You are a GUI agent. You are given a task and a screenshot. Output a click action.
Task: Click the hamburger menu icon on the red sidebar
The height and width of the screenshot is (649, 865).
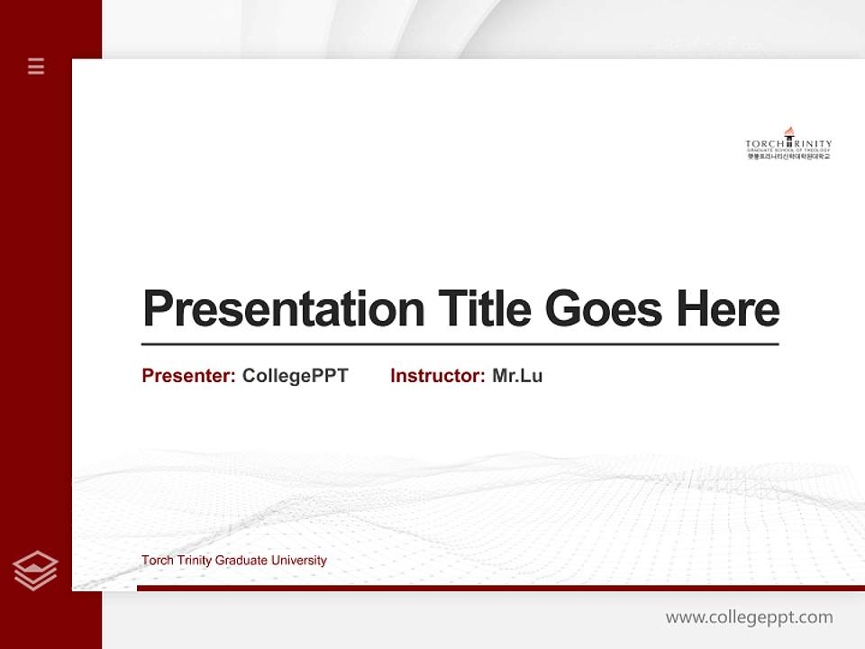click(x=36, y=66)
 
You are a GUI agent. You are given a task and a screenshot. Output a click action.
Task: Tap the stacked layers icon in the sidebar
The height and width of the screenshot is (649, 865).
click(x=35, y=571)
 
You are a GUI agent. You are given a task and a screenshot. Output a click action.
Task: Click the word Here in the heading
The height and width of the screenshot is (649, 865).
click(x=728, y=308)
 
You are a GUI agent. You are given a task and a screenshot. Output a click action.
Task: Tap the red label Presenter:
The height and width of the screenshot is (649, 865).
click(x=188, y=376)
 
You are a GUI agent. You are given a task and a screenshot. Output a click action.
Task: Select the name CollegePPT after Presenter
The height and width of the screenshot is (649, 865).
click(x=295, y=376)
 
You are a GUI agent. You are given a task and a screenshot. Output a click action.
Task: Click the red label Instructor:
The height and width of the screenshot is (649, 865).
click(x=437, y=376)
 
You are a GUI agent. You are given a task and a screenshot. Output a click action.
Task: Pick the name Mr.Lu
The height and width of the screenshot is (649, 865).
click(x=517, y=376)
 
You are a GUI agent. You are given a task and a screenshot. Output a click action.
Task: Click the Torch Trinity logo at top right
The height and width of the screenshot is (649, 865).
click(x=788, y=144)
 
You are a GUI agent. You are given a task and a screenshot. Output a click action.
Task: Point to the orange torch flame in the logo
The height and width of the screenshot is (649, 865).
click(x=789, y=132)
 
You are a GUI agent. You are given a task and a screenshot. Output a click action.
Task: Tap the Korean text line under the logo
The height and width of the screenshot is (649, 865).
click(x=788, y=157)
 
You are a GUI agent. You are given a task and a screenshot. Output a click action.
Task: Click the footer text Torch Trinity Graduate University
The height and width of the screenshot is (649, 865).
click(x=233, y=561)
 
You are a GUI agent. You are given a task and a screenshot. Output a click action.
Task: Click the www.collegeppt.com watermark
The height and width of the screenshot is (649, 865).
click(x=749, y=617)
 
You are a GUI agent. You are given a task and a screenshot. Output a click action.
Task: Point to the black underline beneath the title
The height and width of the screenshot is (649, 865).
click(x=460, y=343)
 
